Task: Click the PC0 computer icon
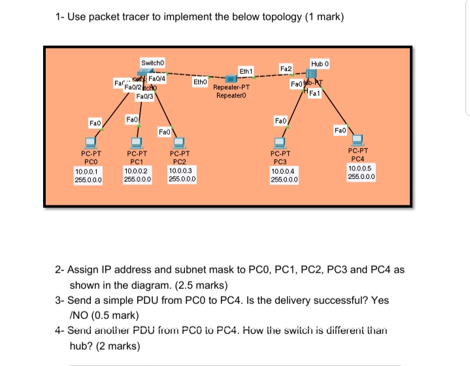pyautogui.click(x=91, y=142)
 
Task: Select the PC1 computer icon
pyautogui.click(x=137, y=142)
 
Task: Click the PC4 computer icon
pyautogui.click(x=358, y=139)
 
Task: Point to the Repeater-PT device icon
pyautogui.click(x=231, y=79)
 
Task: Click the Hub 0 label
pyautogui.click(x=318, y=63)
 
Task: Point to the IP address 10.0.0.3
pyautogui.click(x=180, y=170)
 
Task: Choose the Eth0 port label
pyautogui.click(x=200, y=83)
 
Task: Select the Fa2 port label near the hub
pyautogui.click(x=285, y=68)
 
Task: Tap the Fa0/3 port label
pyautogui.click(x=144, y=97)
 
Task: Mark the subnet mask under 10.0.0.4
pyautogui.click(x=284, y=178)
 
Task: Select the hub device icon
pyautogui.click(x=318, y=72)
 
